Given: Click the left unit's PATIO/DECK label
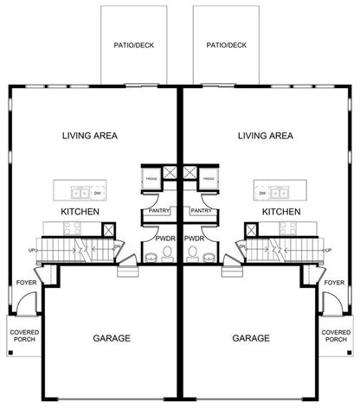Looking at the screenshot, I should coord(133,45).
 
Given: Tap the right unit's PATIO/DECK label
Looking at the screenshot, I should coord(226,45).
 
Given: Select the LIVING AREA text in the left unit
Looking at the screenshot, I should coord(90,136).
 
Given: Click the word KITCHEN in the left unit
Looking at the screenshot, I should coord(80,212).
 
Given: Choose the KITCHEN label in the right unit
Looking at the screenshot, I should coord(281,212).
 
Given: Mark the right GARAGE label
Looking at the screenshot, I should coord(251,338).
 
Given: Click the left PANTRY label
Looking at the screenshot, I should coord(157,210).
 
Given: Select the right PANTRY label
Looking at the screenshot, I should coord(202,210).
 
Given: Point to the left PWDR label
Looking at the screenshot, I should coord(165,237).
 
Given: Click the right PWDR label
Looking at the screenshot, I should coord(195,237).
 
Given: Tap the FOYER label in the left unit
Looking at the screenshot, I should coord(26,283).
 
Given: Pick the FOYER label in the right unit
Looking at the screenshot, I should coord(334,283).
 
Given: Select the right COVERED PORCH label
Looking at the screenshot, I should coord(336,335).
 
